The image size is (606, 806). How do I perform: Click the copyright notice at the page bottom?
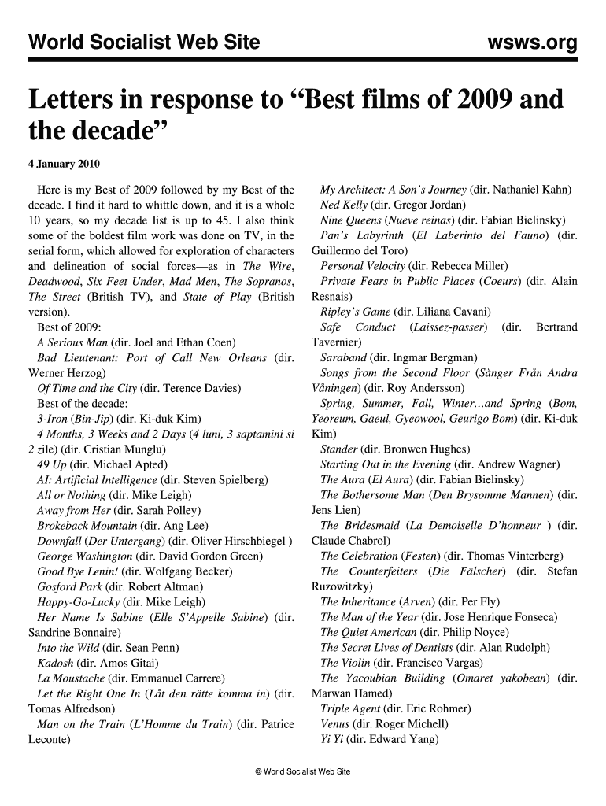[303, 771]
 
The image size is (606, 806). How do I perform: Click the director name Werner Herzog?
[68, 373]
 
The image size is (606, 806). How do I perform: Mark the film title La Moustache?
[72, 678]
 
